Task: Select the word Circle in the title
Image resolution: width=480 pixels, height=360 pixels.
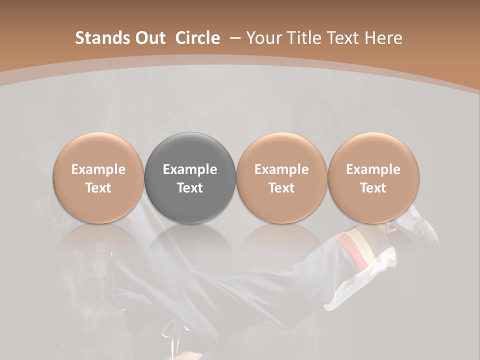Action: coord(197,38)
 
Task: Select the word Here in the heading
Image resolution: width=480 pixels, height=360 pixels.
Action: coord(384,38)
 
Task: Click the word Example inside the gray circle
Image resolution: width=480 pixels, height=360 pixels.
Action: coord(190,169)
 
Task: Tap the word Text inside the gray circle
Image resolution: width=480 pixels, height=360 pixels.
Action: coord(190,188)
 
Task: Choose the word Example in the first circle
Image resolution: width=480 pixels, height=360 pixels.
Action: coord(98,169)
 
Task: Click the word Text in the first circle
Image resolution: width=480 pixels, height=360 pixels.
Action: coord(98,188)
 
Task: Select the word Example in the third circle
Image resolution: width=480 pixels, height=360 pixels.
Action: coord(281,169)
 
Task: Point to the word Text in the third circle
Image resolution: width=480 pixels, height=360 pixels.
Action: coord(281,188)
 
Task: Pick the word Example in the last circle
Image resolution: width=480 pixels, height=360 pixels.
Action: coord(373,169)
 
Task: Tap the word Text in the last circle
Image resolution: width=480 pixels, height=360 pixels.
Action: coord(373,188)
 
